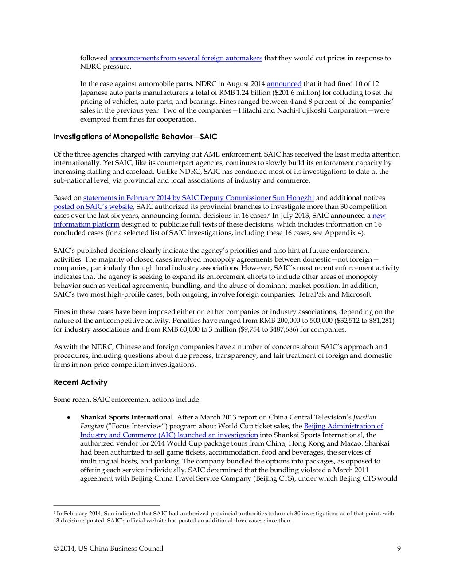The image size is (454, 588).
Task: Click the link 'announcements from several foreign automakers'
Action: click(x=186, y=59)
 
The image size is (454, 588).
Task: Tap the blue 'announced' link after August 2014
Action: click(x=284, y=84)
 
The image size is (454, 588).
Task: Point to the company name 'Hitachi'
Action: click(x=249, y=111)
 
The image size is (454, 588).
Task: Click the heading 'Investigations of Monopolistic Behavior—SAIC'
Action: click(x=135, y=137)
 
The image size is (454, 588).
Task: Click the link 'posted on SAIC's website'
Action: click(x=93, y=207)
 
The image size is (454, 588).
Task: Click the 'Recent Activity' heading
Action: click(x=80, y=382)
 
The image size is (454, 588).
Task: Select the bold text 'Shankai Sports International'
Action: click(x=126, y=417)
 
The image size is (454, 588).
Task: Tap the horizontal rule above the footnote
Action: click(x=106, y=505)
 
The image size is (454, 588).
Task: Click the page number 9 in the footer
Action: click(x=399, y=549)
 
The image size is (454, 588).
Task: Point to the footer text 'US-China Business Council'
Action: click(x=121, y=549)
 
